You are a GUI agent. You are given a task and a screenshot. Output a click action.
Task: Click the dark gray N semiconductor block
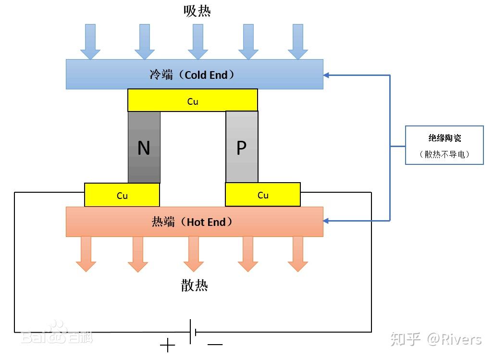(144, 147)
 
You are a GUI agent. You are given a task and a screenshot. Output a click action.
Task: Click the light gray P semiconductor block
(242, 147)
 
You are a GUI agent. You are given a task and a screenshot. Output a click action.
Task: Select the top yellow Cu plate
(192, 100)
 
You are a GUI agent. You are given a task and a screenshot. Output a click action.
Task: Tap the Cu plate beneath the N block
(122, 195)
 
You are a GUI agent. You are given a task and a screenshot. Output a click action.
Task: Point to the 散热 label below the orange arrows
(195, 286)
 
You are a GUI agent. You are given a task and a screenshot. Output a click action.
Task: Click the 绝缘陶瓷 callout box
(444, 145)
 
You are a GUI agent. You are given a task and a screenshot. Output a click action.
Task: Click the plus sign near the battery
(167, 345)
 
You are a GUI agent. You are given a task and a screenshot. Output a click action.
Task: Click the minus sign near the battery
(215, 345)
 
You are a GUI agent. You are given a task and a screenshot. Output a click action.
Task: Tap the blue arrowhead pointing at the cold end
(327, 75)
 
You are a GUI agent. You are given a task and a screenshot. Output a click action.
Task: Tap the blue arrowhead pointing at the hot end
(327, 221)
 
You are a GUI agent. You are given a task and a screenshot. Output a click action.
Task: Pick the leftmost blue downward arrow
(90, 42)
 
